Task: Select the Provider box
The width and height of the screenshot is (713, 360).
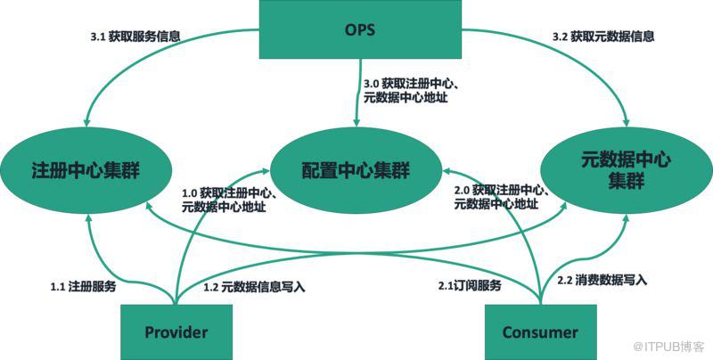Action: click(176, 332)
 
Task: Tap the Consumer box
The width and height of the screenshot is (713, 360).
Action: click(539, 332)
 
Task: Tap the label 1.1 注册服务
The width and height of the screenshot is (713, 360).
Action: click(83, 287)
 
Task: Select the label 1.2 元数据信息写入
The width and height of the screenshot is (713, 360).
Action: click(254, 287)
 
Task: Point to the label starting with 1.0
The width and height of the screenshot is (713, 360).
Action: click(227, 199)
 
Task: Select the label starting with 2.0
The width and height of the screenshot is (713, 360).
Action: click(500, 197)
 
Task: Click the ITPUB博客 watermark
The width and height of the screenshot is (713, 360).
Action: click(669, 346)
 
